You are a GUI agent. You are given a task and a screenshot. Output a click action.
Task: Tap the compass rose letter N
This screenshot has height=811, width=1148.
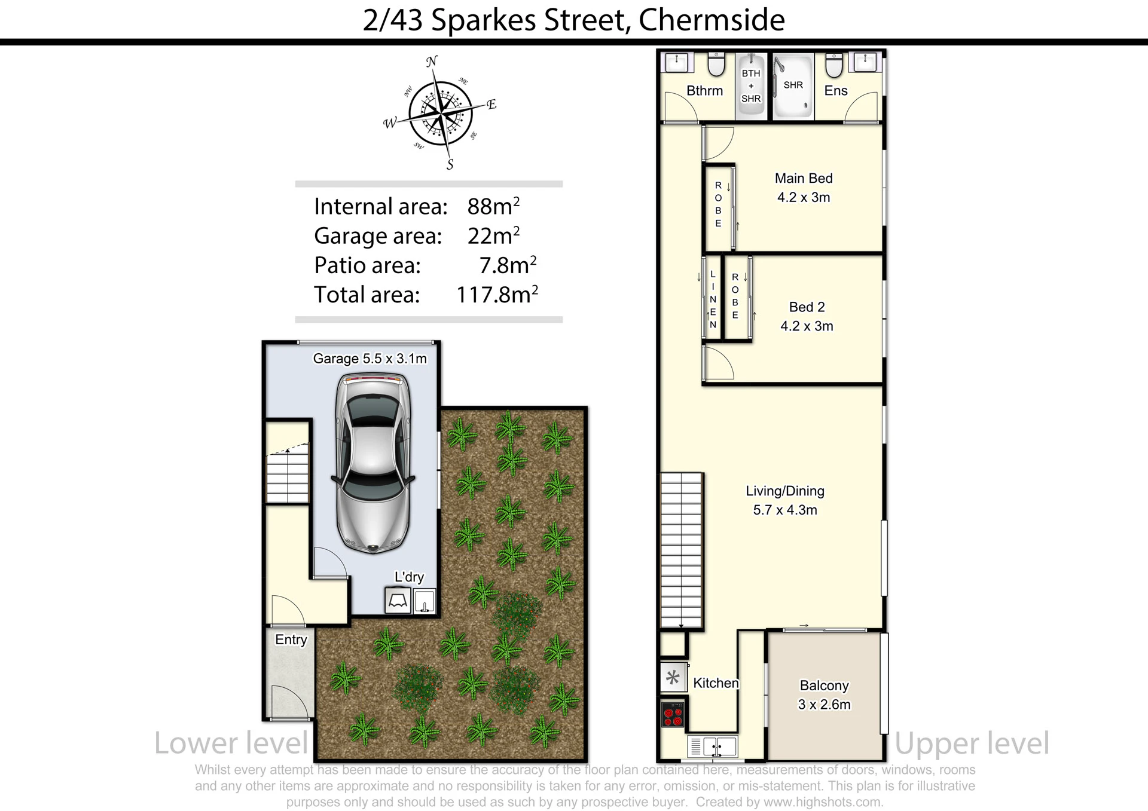(x=432, y=61)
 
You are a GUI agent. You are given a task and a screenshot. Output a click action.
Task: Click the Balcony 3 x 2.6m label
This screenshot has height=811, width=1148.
(x=824, y=695)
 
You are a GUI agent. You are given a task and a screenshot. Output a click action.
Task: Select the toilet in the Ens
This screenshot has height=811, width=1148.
(x=834, y=65)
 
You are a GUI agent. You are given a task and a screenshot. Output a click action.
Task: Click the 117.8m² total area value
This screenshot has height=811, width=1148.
(x=497, y=295)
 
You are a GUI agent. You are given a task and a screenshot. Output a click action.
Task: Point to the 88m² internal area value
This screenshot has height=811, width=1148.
(x=493, y=206)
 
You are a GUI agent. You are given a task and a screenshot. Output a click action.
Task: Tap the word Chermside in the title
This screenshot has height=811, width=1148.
(x=712, y=20)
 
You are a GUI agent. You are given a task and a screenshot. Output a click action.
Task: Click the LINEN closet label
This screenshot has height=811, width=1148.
(x=713, y=299)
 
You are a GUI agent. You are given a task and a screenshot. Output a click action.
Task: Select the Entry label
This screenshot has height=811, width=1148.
(x=291, y=639)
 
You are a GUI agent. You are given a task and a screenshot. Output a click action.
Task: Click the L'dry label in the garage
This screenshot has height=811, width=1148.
(x=409, y=577)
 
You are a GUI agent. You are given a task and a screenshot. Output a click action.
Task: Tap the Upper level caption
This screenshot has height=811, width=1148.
(x=972, y=743)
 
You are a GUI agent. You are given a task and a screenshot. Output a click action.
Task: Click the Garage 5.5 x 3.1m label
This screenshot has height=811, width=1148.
(x=370, y=359)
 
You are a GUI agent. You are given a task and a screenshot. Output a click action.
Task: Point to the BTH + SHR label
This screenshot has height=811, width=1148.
(x=751, y=86)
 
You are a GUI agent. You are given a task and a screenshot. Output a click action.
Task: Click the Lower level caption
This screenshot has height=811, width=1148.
(x=231, y=743)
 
